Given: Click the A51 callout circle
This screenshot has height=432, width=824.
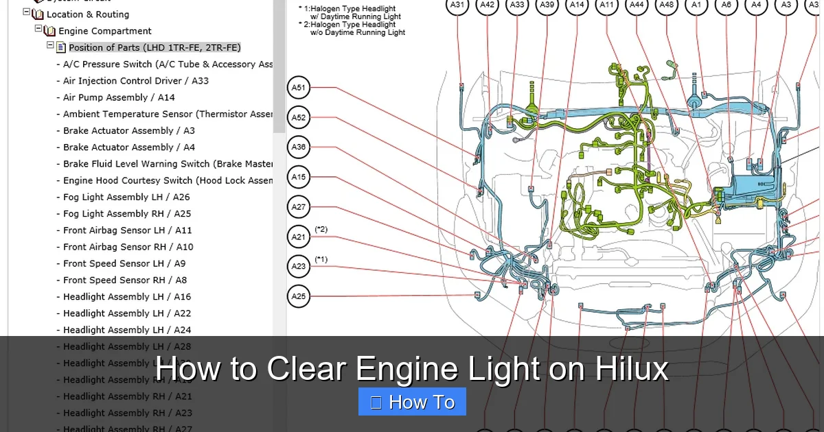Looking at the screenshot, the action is point(299,88).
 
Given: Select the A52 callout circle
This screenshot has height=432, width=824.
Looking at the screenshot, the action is point(299,117).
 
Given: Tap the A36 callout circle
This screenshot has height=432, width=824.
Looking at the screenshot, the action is point(299,147).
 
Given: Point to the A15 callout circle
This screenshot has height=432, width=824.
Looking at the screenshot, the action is point(299,177).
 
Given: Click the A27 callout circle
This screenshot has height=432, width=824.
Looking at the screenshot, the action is point(299,206).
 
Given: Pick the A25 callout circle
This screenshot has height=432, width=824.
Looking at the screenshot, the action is point(299,296).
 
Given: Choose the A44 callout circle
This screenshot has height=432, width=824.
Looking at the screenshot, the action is point(637,5).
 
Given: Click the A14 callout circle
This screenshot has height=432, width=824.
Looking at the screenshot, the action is point(577,5).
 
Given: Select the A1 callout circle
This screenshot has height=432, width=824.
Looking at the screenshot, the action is point(696,5).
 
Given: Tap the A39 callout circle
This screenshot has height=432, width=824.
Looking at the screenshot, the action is point(547,5).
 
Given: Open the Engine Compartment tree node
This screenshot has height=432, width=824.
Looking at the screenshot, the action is point(104,31).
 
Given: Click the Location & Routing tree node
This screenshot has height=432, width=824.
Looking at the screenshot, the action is point(87,14).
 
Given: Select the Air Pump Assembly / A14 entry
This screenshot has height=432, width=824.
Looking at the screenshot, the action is point(119,97).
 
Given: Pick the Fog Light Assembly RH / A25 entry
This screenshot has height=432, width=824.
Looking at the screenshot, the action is point(127,214).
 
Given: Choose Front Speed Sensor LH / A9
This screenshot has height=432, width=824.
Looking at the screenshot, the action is point(124,263).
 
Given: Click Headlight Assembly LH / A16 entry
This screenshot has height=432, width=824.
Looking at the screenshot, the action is point(127,297).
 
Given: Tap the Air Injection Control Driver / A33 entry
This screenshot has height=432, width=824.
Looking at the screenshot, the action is point(136,81).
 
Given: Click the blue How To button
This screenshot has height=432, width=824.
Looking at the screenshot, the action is point(412,402).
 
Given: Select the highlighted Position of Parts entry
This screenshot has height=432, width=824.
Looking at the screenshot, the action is point(154,47).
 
